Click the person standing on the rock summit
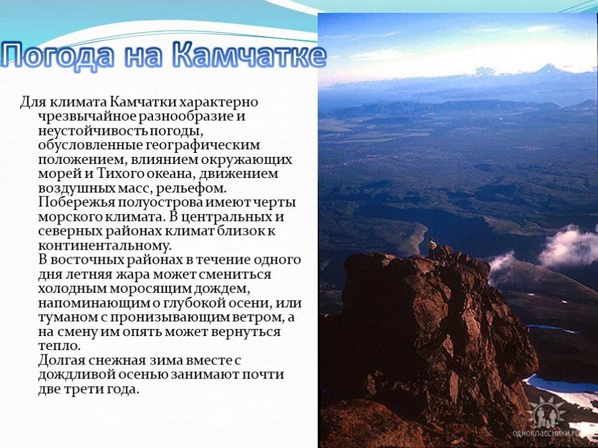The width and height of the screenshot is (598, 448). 432,247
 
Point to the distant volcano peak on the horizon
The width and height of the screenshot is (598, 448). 547,70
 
